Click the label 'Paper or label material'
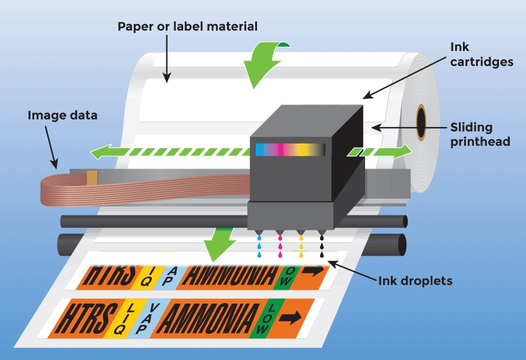coord(187,26)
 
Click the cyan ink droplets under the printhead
coord(259,247)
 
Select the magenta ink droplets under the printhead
coord(280,247)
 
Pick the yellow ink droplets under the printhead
coord(301,247)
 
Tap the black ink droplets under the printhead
coord(322,247)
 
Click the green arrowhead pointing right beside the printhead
coord(402,152)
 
